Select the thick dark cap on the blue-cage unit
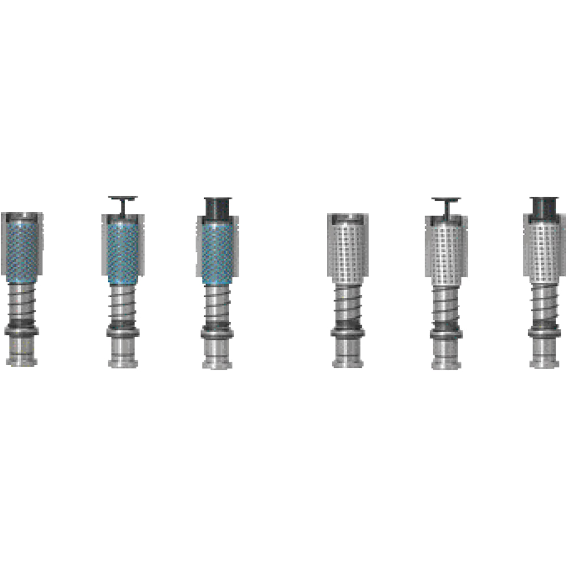(x=217, y=208)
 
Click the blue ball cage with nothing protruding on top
(x=22, y=249)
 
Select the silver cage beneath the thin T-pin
(x=446, y=252)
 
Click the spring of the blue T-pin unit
(x=122, y=306)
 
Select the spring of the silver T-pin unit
(x=446, y=306)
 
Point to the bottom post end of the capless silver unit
(x=348, y=356)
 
